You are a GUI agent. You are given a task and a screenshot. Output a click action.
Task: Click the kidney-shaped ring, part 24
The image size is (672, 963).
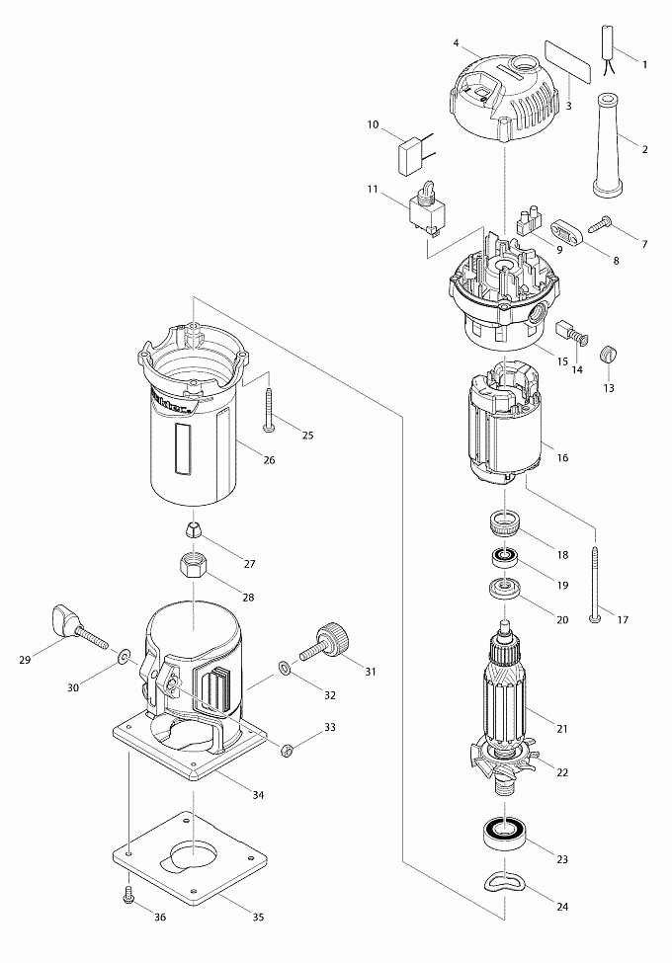coord(506,876)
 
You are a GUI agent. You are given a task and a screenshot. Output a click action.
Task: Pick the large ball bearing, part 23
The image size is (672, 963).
coord(504,834)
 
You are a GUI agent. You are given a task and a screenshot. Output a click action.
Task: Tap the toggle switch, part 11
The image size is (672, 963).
coord(426,209)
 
